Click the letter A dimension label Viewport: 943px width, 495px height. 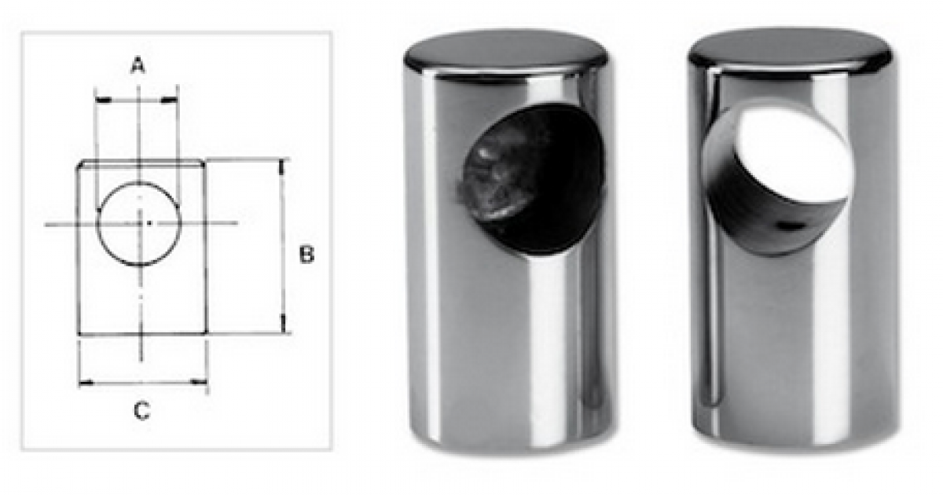[x=138, y=66]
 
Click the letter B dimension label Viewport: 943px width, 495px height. [x=306, y=255]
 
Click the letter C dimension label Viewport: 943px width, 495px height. [x=142, y=410]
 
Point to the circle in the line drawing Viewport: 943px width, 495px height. [x=97, y=223]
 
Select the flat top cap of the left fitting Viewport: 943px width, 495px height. [x=505, y=51]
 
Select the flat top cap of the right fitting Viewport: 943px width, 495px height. [x=790, y=49]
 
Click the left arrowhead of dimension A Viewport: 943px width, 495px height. [x=104, y=100]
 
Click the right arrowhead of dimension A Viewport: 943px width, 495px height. [x=170, y=100]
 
